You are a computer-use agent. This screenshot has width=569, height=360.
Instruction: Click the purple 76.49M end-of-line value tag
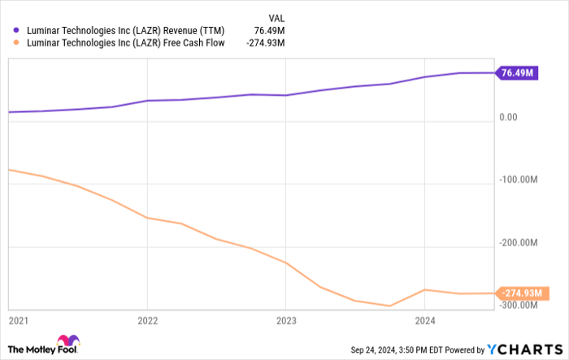[517, 73]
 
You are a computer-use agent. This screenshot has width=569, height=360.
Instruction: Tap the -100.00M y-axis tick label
[520, 180]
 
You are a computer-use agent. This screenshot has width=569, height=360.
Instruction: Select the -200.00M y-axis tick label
[520, 242]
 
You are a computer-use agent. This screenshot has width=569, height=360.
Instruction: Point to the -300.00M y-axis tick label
[520, 305]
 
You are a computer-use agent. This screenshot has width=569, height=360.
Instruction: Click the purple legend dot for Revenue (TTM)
[15, 31]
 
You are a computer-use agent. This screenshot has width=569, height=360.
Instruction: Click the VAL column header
[277, 16]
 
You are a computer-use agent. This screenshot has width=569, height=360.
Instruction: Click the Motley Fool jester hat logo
[67, 343]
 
